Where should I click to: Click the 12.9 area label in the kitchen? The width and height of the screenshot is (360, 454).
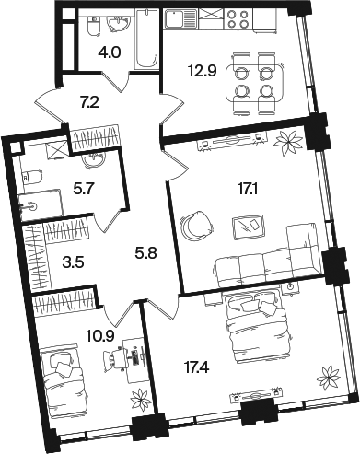(202, 71)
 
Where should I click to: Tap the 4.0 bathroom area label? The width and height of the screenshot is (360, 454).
(110, 52)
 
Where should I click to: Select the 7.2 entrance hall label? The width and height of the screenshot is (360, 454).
(89, 102)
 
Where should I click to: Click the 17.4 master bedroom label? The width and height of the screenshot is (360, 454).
(197, 367)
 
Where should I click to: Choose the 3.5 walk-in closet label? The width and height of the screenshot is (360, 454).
(73, 262)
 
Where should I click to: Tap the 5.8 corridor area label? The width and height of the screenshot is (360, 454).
(145, 253)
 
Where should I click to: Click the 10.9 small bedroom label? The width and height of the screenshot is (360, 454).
(100, 337)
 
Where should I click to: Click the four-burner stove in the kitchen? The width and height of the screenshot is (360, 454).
(238, 19)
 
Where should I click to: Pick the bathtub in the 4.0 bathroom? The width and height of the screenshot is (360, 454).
(147, 39)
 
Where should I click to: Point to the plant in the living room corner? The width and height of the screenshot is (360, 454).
(288, 142)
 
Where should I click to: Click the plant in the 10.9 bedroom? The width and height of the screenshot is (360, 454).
(140, 400)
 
